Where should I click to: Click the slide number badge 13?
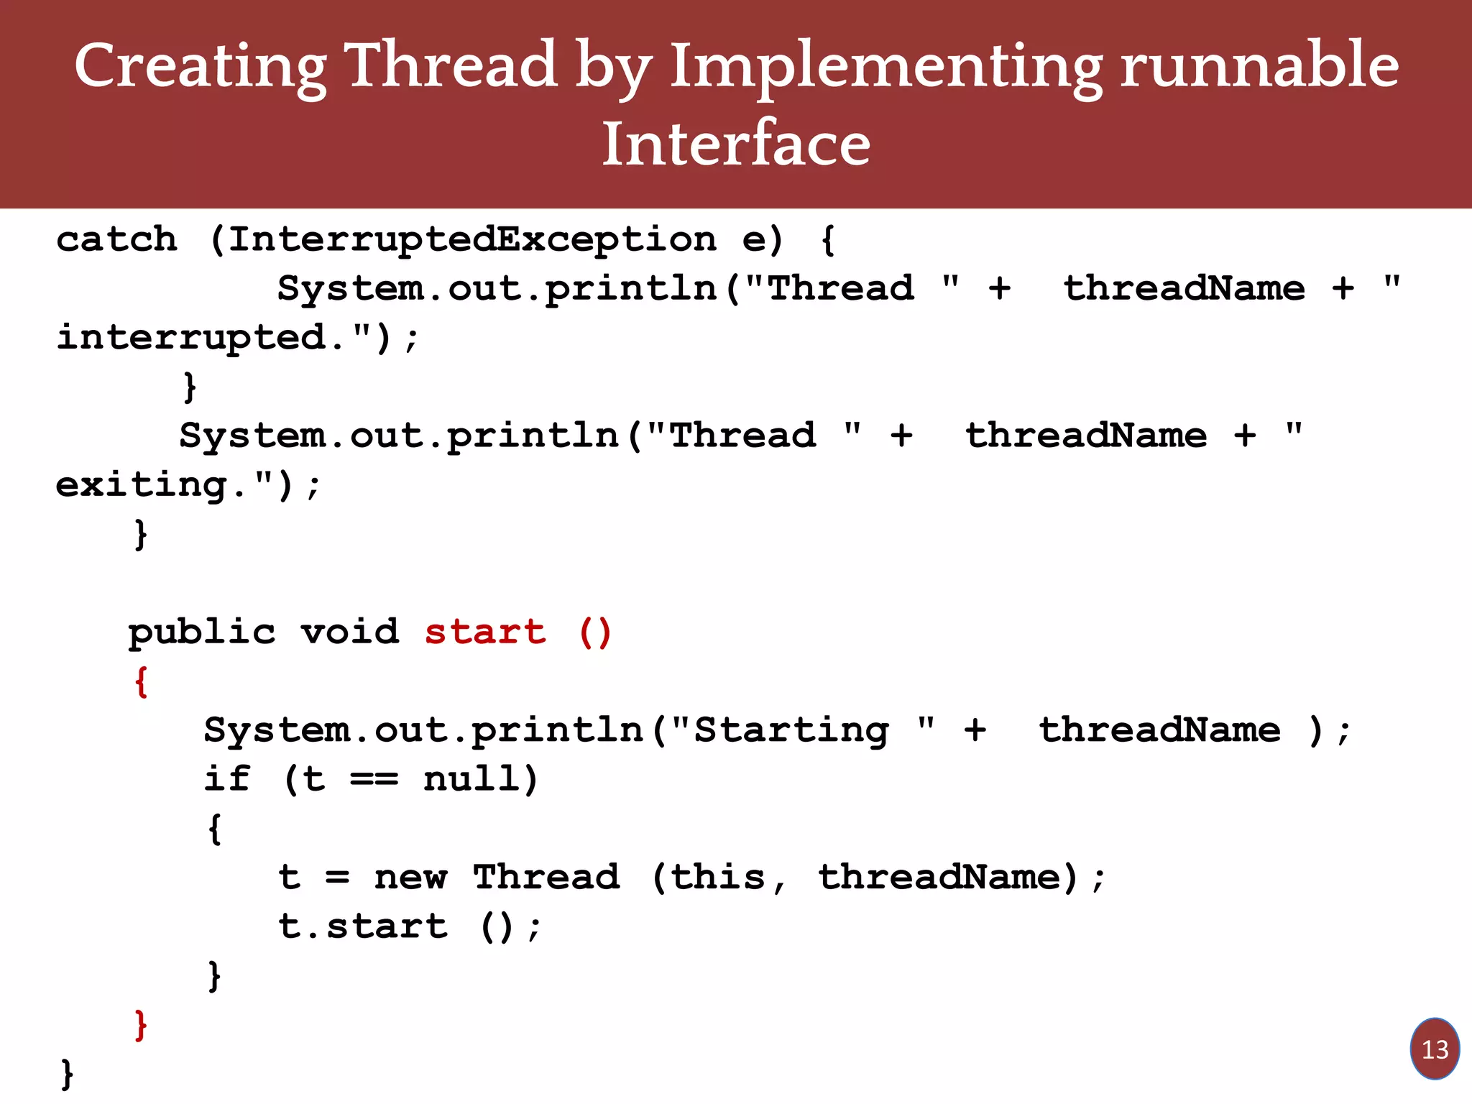(x=1435, y=1049)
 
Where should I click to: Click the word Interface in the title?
(x=736, y=144)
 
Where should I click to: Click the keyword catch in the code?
(x=116, y=239)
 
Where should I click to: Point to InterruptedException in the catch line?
(x=472, y=239)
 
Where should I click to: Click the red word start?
(x=485, y=632)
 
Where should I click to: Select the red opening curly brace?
(x=141, y=681)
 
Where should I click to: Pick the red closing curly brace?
(x=141, y=1024)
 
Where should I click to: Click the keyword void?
(x=349, y=632)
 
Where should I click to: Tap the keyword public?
(x=202, y=632)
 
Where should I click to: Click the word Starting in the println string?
(x=791, y=730)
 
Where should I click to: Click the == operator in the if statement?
(x=374, y=779)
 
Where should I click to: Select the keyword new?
(x=410, y=878)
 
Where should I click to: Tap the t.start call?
(x=363, y=926)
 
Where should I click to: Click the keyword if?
(x=227, y=779)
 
